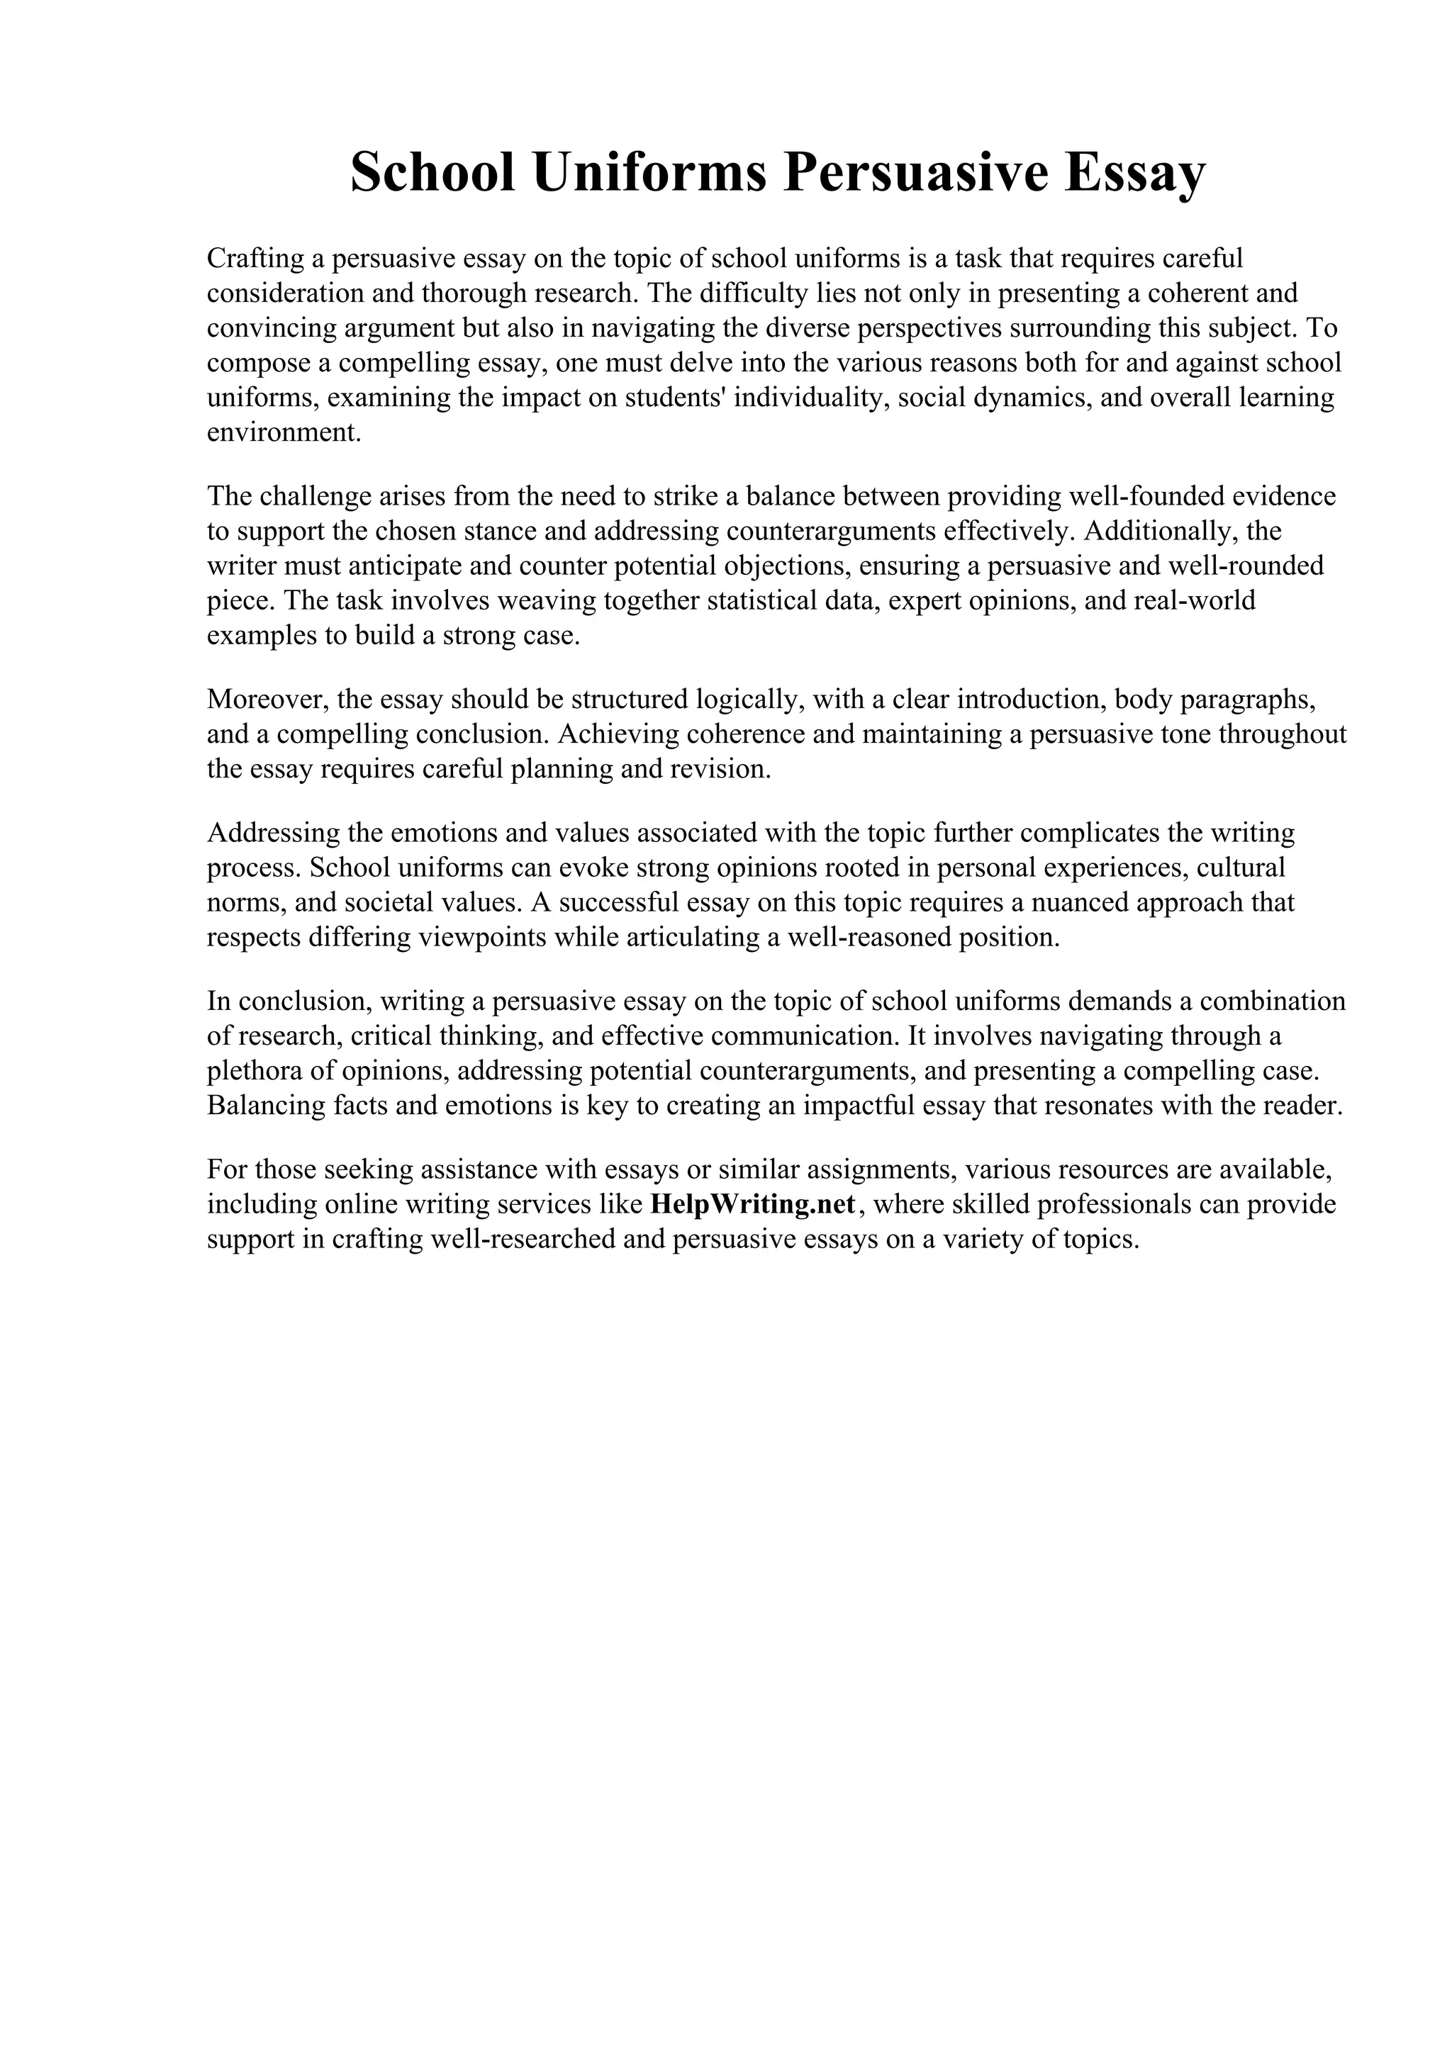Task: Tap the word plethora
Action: [x=252, y=1071]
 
